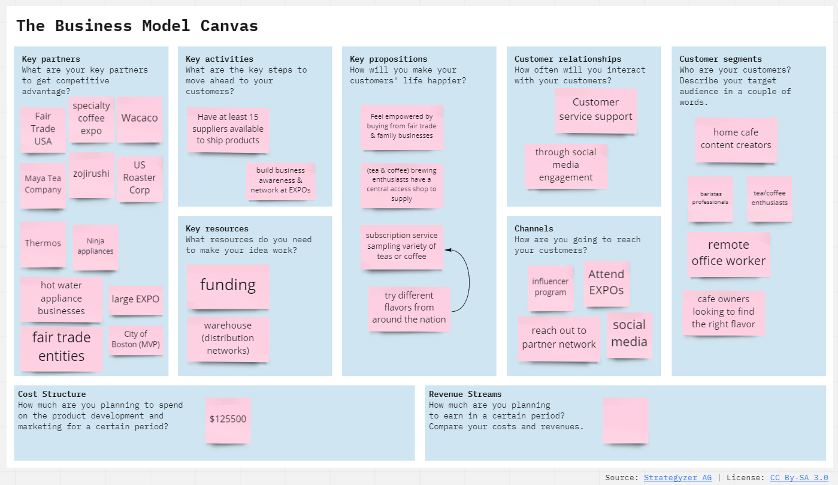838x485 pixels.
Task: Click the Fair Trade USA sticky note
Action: tap(43, 129)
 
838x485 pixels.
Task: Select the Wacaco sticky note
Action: tap(140, 119)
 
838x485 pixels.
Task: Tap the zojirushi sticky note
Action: tap(91, 174)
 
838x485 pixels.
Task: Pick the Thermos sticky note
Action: tap(43, 243)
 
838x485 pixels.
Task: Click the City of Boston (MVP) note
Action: tap(136, 339)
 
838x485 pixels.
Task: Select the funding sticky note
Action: tap(228, 285)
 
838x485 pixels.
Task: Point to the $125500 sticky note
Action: tap(228, 420)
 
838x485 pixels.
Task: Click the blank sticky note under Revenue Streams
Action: tap(625, 420)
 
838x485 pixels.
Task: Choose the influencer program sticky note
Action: tap(550, 287)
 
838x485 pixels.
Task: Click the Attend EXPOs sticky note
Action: tap(606, 282)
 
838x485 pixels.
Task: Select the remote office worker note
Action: tap(728, 254)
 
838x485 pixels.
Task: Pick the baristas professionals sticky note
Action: tap(710, 198)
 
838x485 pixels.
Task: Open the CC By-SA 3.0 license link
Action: tap(798, 478)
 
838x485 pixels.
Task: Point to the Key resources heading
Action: tap(217, 229)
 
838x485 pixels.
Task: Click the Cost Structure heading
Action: tap(52, 394)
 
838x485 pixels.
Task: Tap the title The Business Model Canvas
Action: tap(137, 26)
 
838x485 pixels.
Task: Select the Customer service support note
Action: tap(595, 110)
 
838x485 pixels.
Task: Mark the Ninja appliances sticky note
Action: tap(95, 247)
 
